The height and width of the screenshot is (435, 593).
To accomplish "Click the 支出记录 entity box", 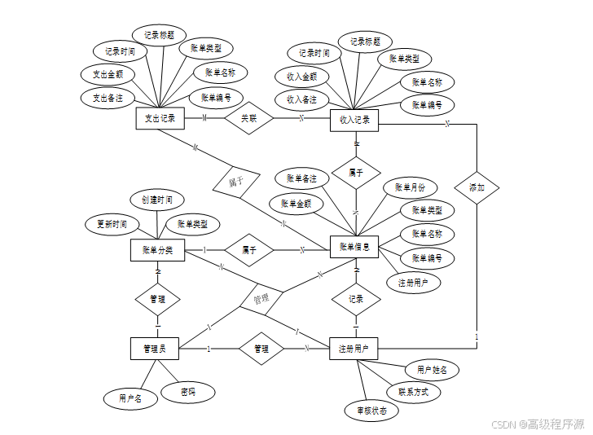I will [160, 119].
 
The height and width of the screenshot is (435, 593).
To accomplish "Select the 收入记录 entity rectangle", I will [354, 121].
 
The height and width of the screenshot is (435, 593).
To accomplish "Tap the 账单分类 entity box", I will [157, 250].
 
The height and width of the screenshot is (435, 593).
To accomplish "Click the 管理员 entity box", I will [154, 349].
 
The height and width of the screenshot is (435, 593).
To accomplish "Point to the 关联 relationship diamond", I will [248, 119].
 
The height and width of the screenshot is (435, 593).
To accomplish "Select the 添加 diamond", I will [477, 187].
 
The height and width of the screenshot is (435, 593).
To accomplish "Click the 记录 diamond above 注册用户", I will [355, 299].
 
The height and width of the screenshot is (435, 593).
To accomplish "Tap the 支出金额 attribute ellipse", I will [108, 74].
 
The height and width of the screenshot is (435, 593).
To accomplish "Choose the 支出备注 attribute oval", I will [108, 98].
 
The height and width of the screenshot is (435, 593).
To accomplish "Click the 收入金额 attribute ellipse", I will [301, 77].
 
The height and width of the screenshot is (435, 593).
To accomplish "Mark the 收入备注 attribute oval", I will [301, 99].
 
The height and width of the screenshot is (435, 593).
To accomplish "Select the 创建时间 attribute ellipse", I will [157, 200].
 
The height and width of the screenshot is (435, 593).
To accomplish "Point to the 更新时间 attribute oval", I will [112, 224].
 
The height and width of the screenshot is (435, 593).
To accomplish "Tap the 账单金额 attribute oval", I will [296, 204].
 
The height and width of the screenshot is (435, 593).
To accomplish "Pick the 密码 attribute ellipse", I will [188, 392].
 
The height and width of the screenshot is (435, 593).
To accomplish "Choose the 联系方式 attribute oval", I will [414, 391].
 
